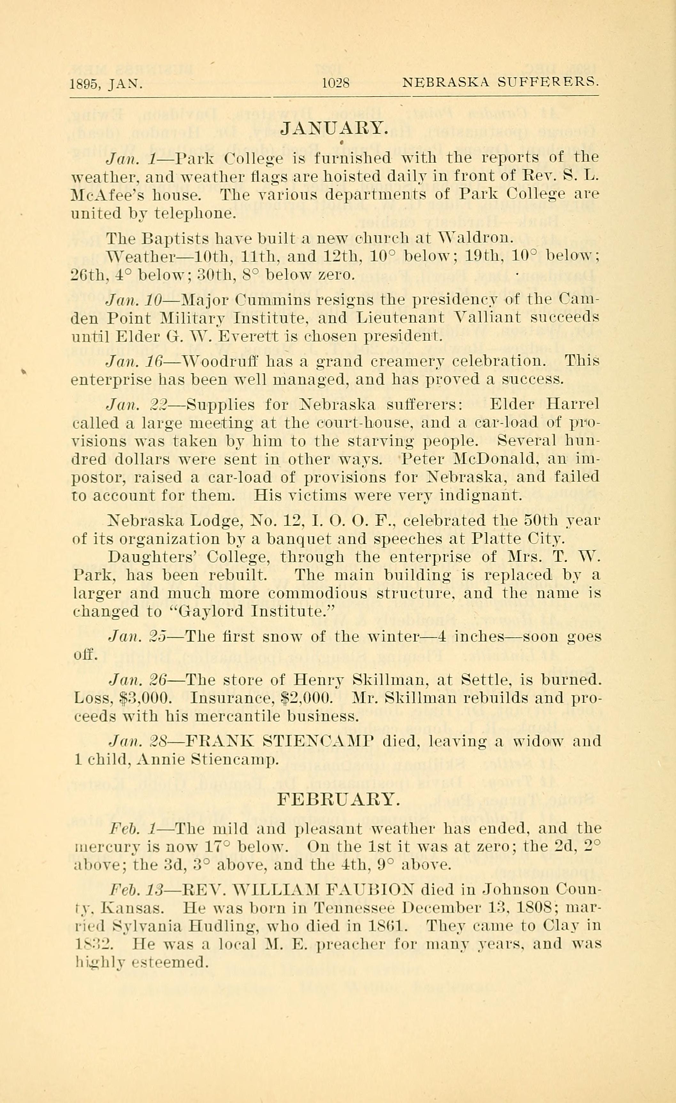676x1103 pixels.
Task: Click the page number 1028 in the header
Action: [335, 83]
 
